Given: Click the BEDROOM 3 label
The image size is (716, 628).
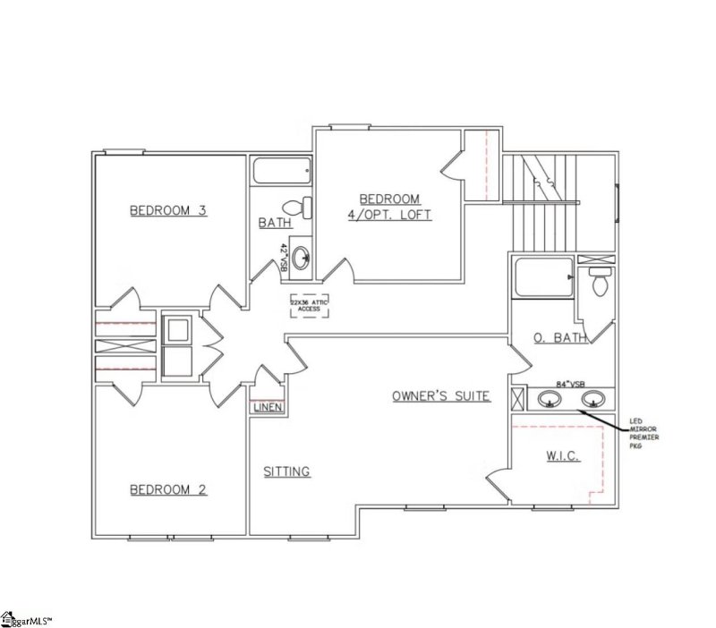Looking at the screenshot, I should coord(168,211).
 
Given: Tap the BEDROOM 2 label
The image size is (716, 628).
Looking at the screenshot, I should coord(168,489).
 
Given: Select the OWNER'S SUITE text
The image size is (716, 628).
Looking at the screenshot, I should coord(440,395).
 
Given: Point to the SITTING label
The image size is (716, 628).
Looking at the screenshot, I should coord(286,471).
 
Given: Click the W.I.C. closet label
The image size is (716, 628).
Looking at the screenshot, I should coord(563,456).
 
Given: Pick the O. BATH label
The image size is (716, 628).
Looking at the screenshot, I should coord(559,338).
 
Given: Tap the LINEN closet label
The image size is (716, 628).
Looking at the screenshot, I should coord(268,407).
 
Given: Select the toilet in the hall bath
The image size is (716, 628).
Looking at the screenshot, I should coord(304,207).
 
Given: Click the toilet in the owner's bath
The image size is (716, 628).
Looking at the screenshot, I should coord(601,282).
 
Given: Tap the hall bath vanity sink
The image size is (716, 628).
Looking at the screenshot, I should coord(302,258).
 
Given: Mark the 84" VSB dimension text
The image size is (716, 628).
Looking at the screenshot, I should coord(569,384).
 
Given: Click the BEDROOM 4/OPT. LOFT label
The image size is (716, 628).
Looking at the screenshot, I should coord(389,207).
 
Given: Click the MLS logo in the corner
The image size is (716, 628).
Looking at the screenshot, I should coord(27,618).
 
